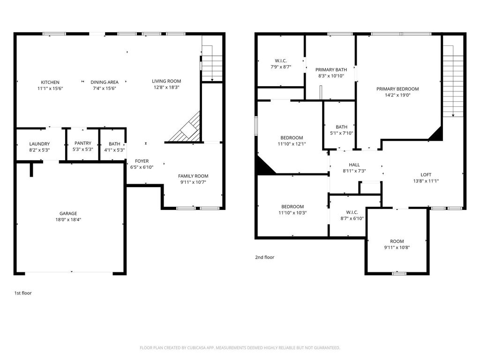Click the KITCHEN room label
(x=50, y=82)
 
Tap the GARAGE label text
(x=68, y=213)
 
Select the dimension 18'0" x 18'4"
(x=68, y=219)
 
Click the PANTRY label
(x=83, y=143)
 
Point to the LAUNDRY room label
(x=39, y=144)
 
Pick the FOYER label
(x=142, y=161)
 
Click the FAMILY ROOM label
(x=193, y=176)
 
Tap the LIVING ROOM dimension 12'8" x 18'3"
(x=166, y=87)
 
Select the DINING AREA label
(x=105, y=82)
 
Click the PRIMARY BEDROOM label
(x=397, y=89)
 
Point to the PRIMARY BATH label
(x=331, y=70)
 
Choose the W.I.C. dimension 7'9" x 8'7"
(x=281, y=67)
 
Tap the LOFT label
(x=426, y=175)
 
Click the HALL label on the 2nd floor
(x=354, y=165)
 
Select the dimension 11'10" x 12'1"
(x=292, y=144)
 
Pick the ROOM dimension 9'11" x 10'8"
(x=397, y=247)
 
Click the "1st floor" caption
(x=23, y=293)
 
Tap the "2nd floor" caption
(x=265, y=257)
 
